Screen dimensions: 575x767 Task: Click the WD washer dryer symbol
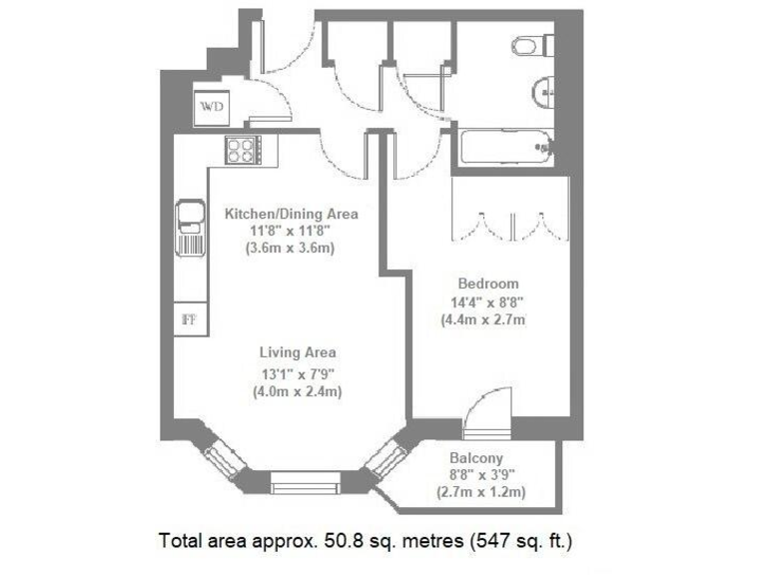coord(211,107)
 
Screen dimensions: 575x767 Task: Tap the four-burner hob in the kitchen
coord(242,150)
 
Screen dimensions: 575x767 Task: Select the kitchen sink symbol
coord(189,228)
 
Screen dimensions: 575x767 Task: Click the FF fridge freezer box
coord(187,319)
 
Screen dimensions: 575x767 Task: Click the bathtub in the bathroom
coord(505,148)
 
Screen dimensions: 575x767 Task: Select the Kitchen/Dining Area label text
coord(291,214)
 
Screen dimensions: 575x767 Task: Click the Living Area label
coord(298,352)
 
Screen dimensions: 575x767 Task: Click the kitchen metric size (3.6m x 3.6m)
coord(290,249)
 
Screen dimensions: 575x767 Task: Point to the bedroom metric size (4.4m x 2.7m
coord(484,320)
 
